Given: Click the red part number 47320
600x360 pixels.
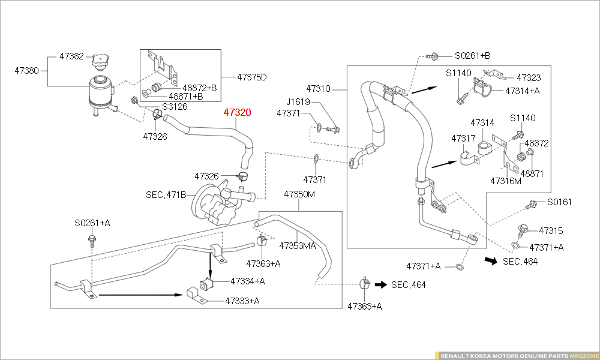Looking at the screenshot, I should pos(238,112).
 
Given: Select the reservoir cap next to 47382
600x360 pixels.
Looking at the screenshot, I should pos(100,61).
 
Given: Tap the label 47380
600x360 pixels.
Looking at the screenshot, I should pos(27,70).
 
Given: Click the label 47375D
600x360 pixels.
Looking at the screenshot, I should pos(251,77).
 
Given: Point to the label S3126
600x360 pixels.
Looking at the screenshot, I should pos(175,106).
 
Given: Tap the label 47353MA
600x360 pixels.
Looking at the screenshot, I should pos(298,245).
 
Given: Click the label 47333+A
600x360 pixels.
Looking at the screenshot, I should pos(242,301).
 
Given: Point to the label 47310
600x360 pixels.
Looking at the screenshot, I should pos(318,88).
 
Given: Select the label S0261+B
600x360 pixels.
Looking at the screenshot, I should pos(472,55).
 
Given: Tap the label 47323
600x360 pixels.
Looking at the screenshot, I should pos(529,77).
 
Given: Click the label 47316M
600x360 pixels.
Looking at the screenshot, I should pos(506,180).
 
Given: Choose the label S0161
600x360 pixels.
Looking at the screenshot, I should pos(559,202).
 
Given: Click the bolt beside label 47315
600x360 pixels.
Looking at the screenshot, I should pos(521,230).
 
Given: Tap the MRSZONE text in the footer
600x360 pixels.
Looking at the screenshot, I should pos(583,355).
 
